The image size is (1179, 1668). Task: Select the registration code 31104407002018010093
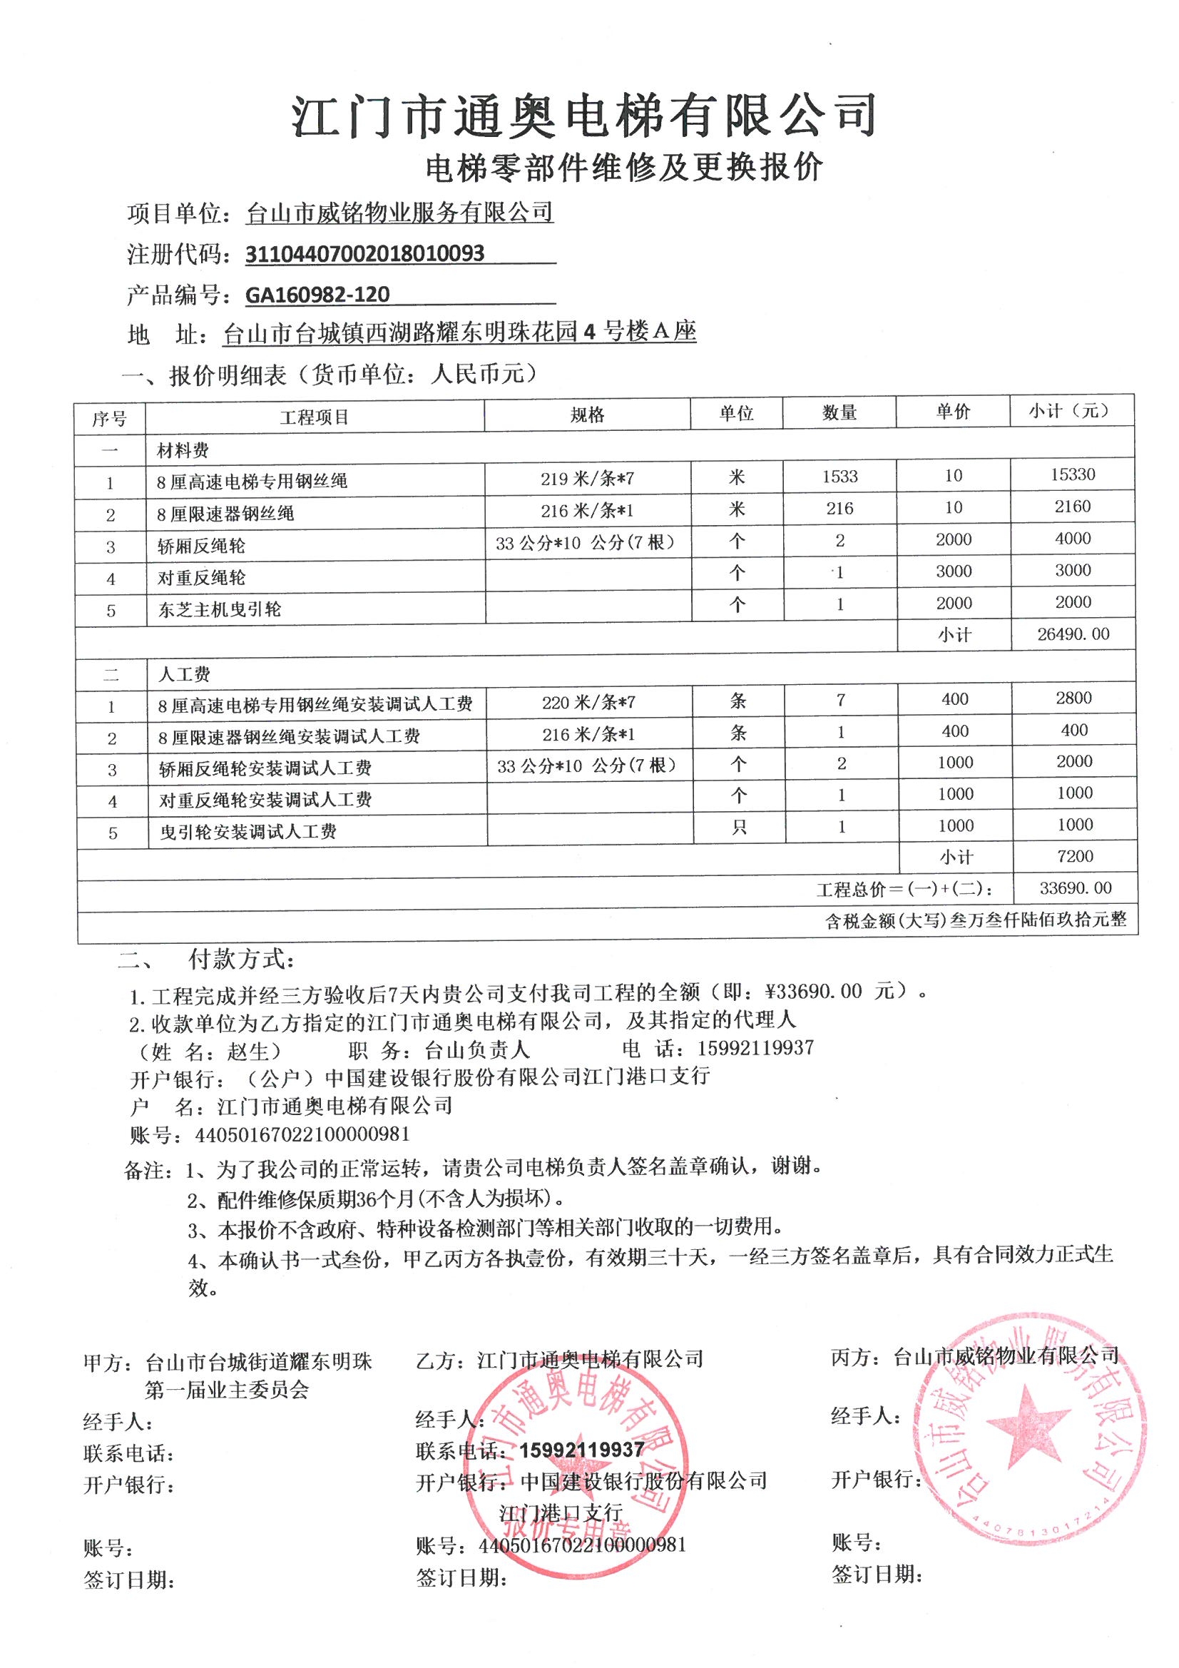tap(364, 253)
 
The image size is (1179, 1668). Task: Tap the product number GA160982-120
tap(317, 294)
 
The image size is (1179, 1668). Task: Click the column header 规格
tap(587, 415)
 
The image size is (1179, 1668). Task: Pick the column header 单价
tap(952, 412)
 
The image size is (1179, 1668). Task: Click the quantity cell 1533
tap(839, 477)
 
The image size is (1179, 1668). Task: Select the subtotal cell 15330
tap(1072, 474)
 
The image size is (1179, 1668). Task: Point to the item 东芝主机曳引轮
tap(220, 609)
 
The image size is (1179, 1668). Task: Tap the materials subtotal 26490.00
tap(1073, 634)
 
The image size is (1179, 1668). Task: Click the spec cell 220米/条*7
tap(588, 703)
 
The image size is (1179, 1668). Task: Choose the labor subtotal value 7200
tap(1075, 857)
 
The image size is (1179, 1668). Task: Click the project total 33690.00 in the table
tap(1074, 888)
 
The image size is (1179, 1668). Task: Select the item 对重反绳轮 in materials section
tap(201, 578)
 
